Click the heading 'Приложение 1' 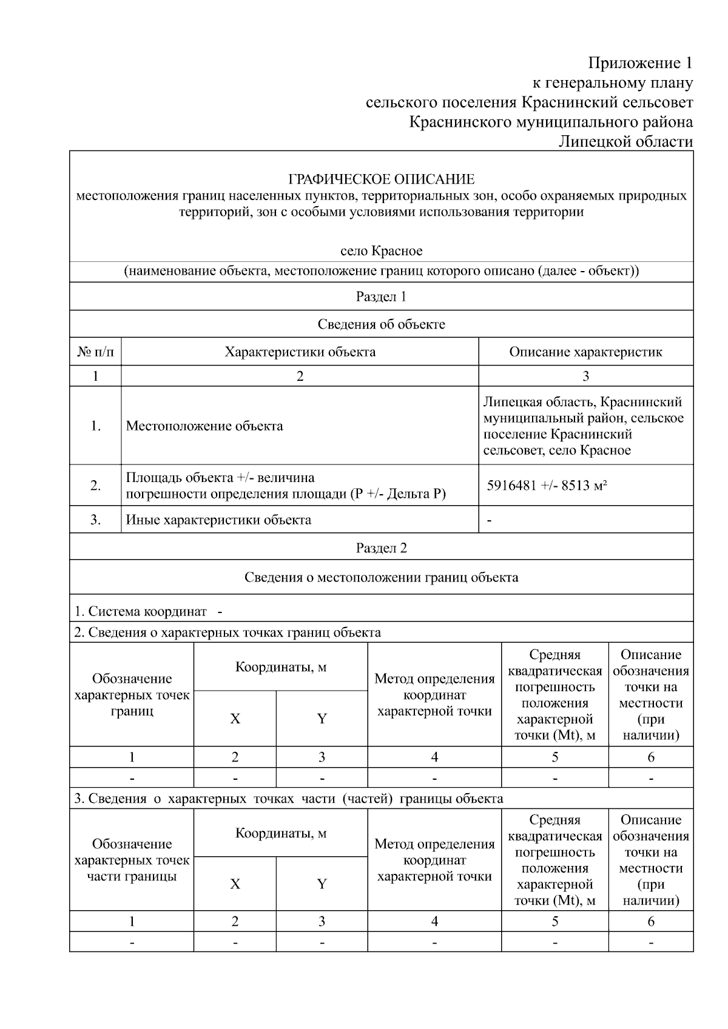[640, 63]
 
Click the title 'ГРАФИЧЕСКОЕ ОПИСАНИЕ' [381, 179]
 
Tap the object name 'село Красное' [381, 251]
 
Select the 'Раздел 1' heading [381, 297]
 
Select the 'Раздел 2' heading [381, 548]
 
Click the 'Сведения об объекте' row [381, 324]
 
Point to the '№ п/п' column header [95, 352]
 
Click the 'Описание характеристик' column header [585, 352]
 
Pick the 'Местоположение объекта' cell [204, 426]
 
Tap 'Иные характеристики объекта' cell [218, 520]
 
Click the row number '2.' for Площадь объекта [95, 486]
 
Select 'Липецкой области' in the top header [625, 141]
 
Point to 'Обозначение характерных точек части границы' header [132, 860]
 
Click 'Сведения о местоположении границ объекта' [381, 577]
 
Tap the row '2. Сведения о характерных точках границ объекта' [227, 632]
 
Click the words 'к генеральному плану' [612, 83]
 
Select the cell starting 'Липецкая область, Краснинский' [583, 426]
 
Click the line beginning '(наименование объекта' [381, 270]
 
